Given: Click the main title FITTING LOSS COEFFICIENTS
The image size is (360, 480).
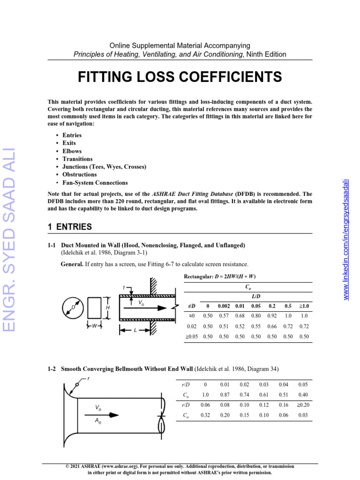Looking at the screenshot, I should pos(180,76).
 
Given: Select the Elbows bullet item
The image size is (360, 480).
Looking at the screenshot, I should pos(72,151).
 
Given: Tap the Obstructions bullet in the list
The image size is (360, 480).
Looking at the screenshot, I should pos(80,175).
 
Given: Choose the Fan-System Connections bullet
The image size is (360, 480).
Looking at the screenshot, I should pos(95,183).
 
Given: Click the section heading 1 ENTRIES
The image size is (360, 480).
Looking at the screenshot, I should pos(70,227).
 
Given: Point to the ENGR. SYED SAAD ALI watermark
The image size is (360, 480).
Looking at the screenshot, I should pos(9,239).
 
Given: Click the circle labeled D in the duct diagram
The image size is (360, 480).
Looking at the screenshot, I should pos(73,307).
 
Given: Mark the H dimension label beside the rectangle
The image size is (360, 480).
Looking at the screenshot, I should pos(108,307).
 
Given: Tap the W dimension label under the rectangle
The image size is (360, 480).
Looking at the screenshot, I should pos(95,325).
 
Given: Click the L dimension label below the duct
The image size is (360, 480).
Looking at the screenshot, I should pos(135,330).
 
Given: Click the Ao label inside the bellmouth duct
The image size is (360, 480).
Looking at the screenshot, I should pos(97,421).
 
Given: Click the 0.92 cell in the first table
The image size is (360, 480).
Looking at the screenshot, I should pos(272,316).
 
